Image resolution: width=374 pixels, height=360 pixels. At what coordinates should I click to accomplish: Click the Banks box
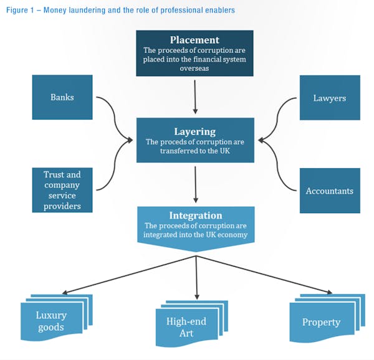[62, 97]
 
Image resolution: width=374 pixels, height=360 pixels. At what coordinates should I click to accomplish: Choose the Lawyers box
[330, 98]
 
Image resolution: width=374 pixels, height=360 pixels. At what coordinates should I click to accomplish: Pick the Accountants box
[330, 191]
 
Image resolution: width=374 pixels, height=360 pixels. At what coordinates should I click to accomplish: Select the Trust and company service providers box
[62, 190]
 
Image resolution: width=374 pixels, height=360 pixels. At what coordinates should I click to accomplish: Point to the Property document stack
[322, 321]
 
